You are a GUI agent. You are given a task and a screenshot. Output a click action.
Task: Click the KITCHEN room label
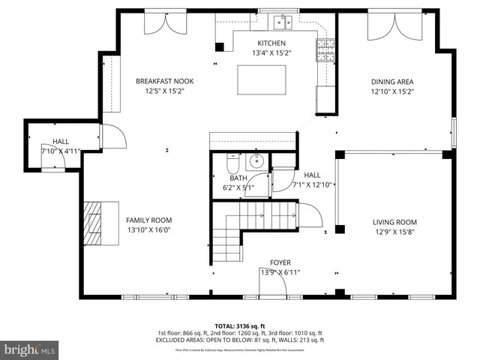coord(271,43)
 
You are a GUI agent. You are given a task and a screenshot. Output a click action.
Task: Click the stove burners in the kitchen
coord(325,49)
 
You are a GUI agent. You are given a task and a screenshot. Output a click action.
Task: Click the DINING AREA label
coord(392,82)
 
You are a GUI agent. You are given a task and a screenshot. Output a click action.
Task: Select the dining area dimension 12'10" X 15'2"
coord(392,91)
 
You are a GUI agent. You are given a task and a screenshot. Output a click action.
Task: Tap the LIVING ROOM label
coord(394,222)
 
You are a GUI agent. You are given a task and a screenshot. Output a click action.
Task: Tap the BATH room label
coord(238,178)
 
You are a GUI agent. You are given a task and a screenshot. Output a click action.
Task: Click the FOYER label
coord(280,263)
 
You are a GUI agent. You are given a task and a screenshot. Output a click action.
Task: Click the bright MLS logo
coord(30,349)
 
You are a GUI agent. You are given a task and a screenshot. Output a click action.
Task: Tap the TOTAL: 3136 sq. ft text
coord(240,325)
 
